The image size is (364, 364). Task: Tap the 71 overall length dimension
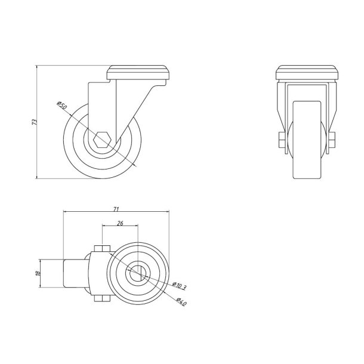pyautogui.click(x=117, y=209)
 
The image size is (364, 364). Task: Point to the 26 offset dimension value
pyautogui.click(x=120, y=224)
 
